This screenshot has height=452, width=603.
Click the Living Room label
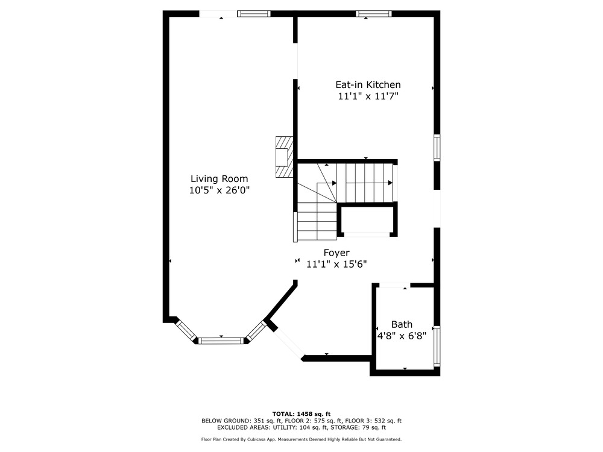click(219, 179)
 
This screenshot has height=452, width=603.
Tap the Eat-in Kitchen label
click(368, 84)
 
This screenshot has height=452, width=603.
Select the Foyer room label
click(336, 253)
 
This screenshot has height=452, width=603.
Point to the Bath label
click(402, 324)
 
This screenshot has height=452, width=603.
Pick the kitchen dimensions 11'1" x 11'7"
click(368, 96)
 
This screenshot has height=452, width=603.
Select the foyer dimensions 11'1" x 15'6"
click(336, 265)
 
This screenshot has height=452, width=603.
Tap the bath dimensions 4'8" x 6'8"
click(402, 336)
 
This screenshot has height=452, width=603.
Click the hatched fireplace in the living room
click(284, 157)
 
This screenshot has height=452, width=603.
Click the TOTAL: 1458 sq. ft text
click(301, 414)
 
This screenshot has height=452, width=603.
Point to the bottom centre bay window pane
click(221, 341)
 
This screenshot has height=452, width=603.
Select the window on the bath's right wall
click(437, 346)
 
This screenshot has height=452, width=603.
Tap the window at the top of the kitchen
click(374, 14)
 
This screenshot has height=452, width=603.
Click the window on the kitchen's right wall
click(437, 148)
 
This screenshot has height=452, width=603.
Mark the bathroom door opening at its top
click(394, 285)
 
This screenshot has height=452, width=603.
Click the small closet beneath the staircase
click(367, 221)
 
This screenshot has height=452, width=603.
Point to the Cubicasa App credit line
click(301, 439)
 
